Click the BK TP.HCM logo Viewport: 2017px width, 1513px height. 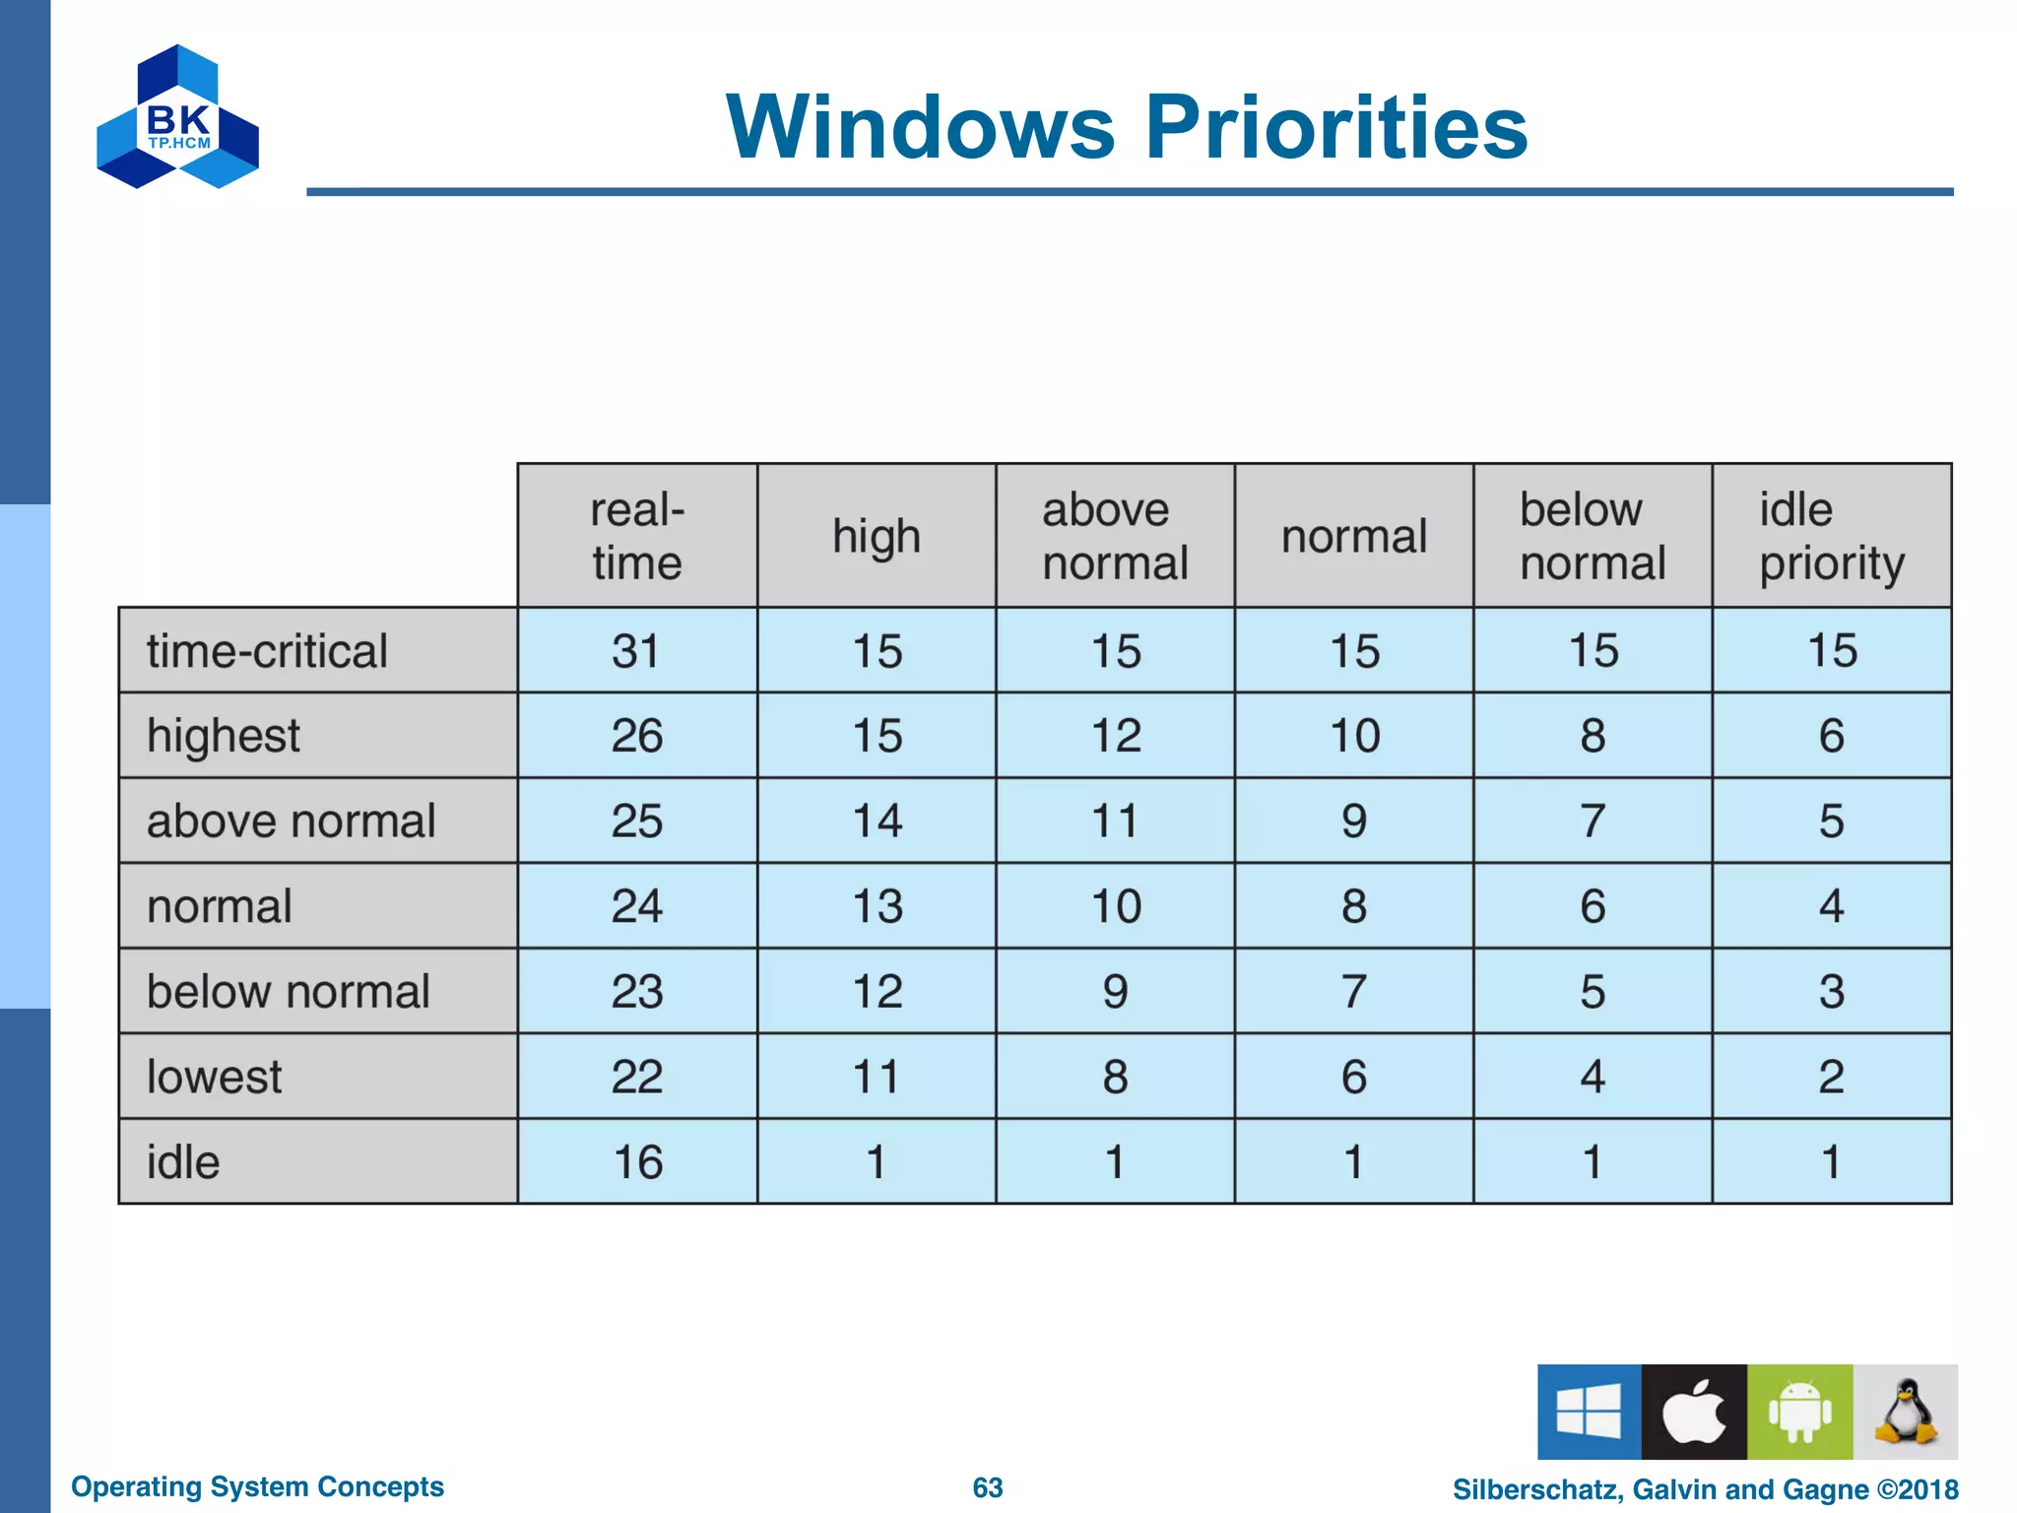tap(177, 117)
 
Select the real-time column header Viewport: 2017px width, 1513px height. tap(637, 536)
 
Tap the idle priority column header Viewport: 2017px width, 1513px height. tap(1831, 536)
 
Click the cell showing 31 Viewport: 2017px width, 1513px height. tap(636, 651)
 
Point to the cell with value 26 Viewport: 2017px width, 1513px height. tap(636, 736)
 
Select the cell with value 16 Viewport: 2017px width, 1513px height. tap(637, 1162)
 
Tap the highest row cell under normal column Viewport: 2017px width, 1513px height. tap(1354, 736)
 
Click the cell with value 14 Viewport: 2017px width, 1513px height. tap(877, 822)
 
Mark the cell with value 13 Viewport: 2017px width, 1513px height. tap(877, 906)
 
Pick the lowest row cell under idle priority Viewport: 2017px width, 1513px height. tap(1831, 1077)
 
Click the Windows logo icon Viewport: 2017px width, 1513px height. tap(1589, 1412)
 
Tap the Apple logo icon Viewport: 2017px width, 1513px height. tap(1694, 1412)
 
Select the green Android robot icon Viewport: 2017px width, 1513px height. tap(1799, 1412)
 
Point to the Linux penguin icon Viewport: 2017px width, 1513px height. tap(1906, 1412)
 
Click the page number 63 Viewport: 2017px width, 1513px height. tap(987, 1487)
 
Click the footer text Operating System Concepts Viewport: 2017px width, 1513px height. tap(257, 1486)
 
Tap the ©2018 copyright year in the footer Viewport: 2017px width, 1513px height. tap(1918, 1489)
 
